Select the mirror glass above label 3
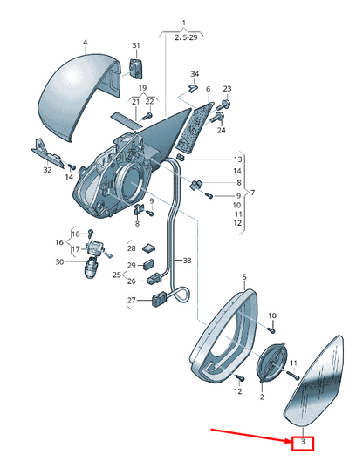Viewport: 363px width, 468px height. coord(313,381)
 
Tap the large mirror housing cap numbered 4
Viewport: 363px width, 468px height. coord(79,96)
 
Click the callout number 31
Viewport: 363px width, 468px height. coord(136,45)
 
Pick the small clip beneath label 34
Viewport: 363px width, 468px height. coord(192,88)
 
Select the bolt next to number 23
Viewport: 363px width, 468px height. coord(225,105)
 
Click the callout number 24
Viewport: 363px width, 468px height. coord(222,130)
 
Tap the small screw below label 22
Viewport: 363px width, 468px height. coord(147,116)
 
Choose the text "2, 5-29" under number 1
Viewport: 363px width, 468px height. coord(186,37)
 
